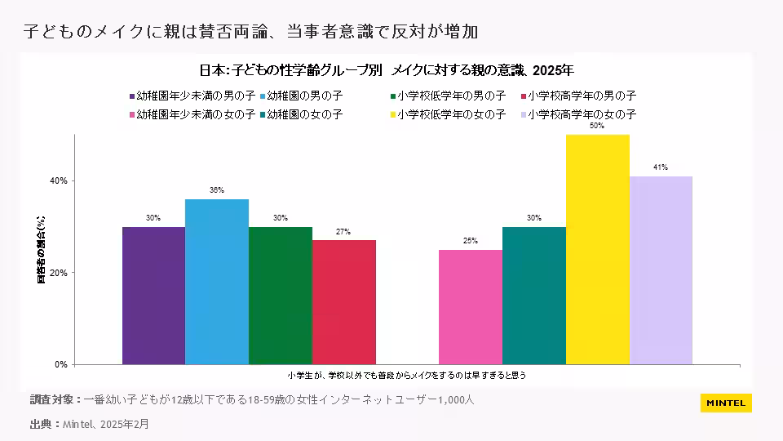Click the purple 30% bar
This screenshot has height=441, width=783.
(x=153, y=295)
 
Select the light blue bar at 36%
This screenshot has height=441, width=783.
(x=217, y=281)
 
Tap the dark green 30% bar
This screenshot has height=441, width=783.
(x=281, y=295)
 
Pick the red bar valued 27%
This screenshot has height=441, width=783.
(x=344, y=301)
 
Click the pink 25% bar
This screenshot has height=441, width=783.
(x=471, y=306)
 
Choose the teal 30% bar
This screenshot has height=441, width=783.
(x=534, y=295)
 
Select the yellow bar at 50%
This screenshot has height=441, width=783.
(x=598, y=249)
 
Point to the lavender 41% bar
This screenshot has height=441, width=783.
(x=661, y=269)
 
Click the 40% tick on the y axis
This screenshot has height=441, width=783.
(x=60, y=180)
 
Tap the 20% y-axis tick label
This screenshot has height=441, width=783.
(x=60, y=273)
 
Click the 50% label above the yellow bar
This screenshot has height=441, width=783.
(x=597, y=127)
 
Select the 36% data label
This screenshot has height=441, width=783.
(x=217, y=190)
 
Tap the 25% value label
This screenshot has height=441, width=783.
(x=471, y=241)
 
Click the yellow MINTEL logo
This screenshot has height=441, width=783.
(x=726, y=403)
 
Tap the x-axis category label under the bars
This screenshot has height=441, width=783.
(x=407, y=376)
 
